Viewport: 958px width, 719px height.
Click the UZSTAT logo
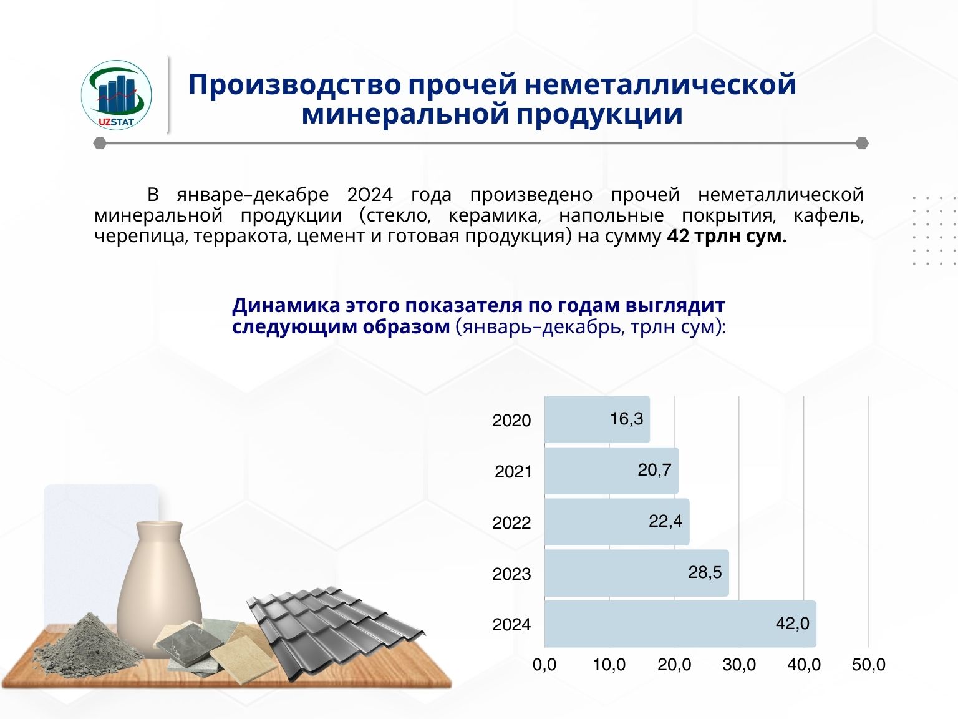(116, 95)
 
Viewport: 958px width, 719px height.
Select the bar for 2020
(597, 419)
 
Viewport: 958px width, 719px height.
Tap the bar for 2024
(680, 624)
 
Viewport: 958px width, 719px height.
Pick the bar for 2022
(617, 522)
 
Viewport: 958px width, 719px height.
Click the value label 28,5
(705, 572)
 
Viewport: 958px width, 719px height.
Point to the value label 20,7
(654, 470)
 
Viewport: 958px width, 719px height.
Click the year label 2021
(513, 472)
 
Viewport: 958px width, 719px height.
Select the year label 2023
(511, 574)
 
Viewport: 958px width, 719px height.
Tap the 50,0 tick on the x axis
(869, 665)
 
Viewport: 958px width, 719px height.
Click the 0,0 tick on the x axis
(544, 665)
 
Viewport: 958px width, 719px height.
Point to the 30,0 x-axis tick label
(739, 665)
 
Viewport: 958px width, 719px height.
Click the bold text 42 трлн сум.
(727, 236)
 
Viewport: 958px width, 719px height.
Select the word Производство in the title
(294, 84)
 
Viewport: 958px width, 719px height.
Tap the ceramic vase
(160, 587)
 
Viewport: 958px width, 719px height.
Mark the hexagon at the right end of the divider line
(862, 143)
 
